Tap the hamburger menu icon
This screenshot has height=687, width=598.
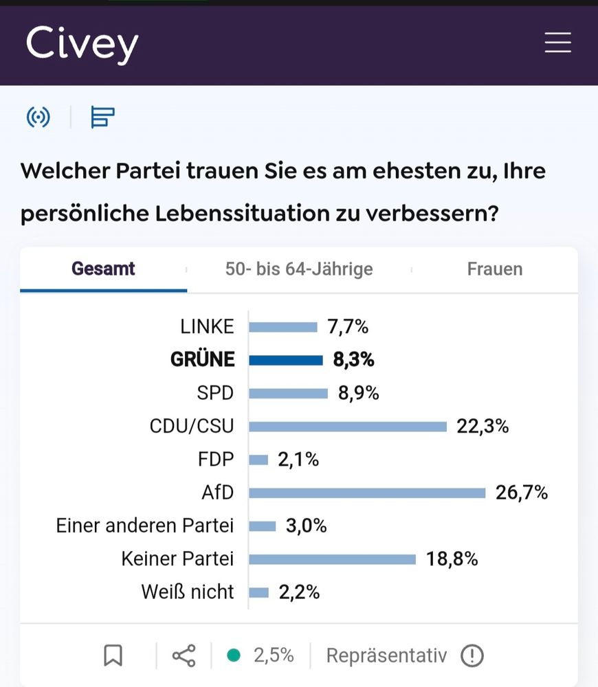pyautogui.click(x=557, y=43)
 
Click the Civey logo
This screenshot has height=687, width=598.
pyautogui.click(x=82, y=44)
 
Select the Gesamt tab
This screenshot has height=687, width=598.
pyautogui.click(x=103, y=269)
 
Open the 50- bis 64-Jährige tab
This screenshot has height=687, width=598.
pyautogui.click(x=299, y=269)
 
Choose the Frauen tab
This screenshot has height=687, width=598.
pyautogui.click(x=495, y=269)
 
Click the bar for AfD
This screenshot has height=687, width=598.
pyautogui.click(x=367, y=493)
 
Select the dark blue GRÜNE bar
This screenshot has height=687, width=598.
pyautogui.click(x=285, y=360)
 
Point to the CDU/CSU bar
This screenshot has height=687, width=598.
pyautogui.click(x=348, y=427)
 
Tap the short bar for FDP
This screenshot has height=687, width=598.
pyautogui.click(x=258, y=460)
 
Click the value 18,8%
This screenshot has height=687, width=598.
pyautogui.click(x=452, y=559)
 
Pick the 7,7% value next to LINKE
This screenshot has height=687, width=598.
pyautogui.click(x=348, y=327)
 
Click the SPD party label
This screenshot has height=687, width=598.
pyautogui.click(x=215, y=393)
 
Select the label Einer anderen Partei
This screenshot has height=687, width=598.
pyautogui.click(x=145, y=526)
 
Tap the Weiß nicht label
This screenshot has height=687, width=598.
pyautogui.click(x=188, y=592)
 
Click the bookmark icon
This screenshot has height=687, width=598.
pyautogui.click(x=113, y=655)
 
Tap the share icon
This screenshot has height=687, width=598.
pyautogui.click(x=184, y=655)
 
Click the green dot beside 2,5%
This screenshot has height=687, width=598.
pyautogui.click(x=234, y=655)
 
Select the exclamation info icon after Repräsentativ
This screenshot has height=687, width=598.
pyautogui.click(x=472, y=655)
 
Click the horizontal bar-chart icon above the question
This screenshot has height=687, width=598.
pyautogui.click(x=102, y=117)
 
